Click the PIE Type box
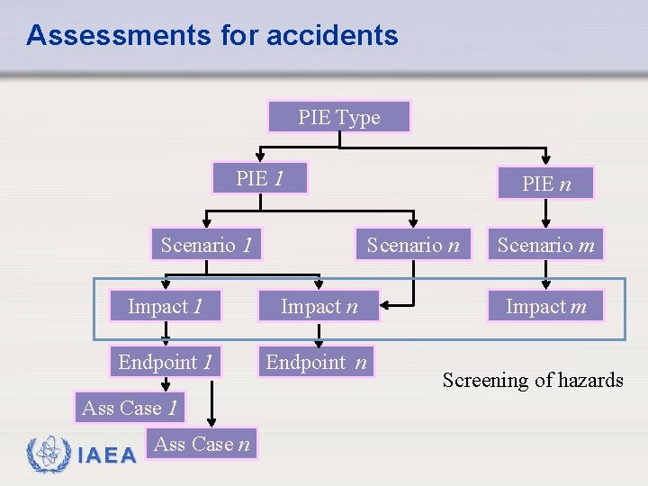[339, 117]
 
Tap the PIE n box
[546, 184]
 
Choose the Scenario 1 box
[206, 245]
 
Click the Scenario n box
[413, 245]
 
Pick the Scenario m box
[546, 245]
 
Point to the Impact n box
[319, 307]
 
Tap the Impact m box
[546, 307]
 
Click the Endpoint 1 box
[166, 363]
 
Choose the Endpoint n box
[316, 363]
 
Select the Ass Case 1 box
[129, 408]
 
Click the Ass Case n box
[202, 444]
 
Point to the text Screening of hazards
[533, 380]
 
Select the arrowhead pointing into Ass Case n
[212, 420]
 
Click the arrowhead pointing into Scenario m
[546, 224]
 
